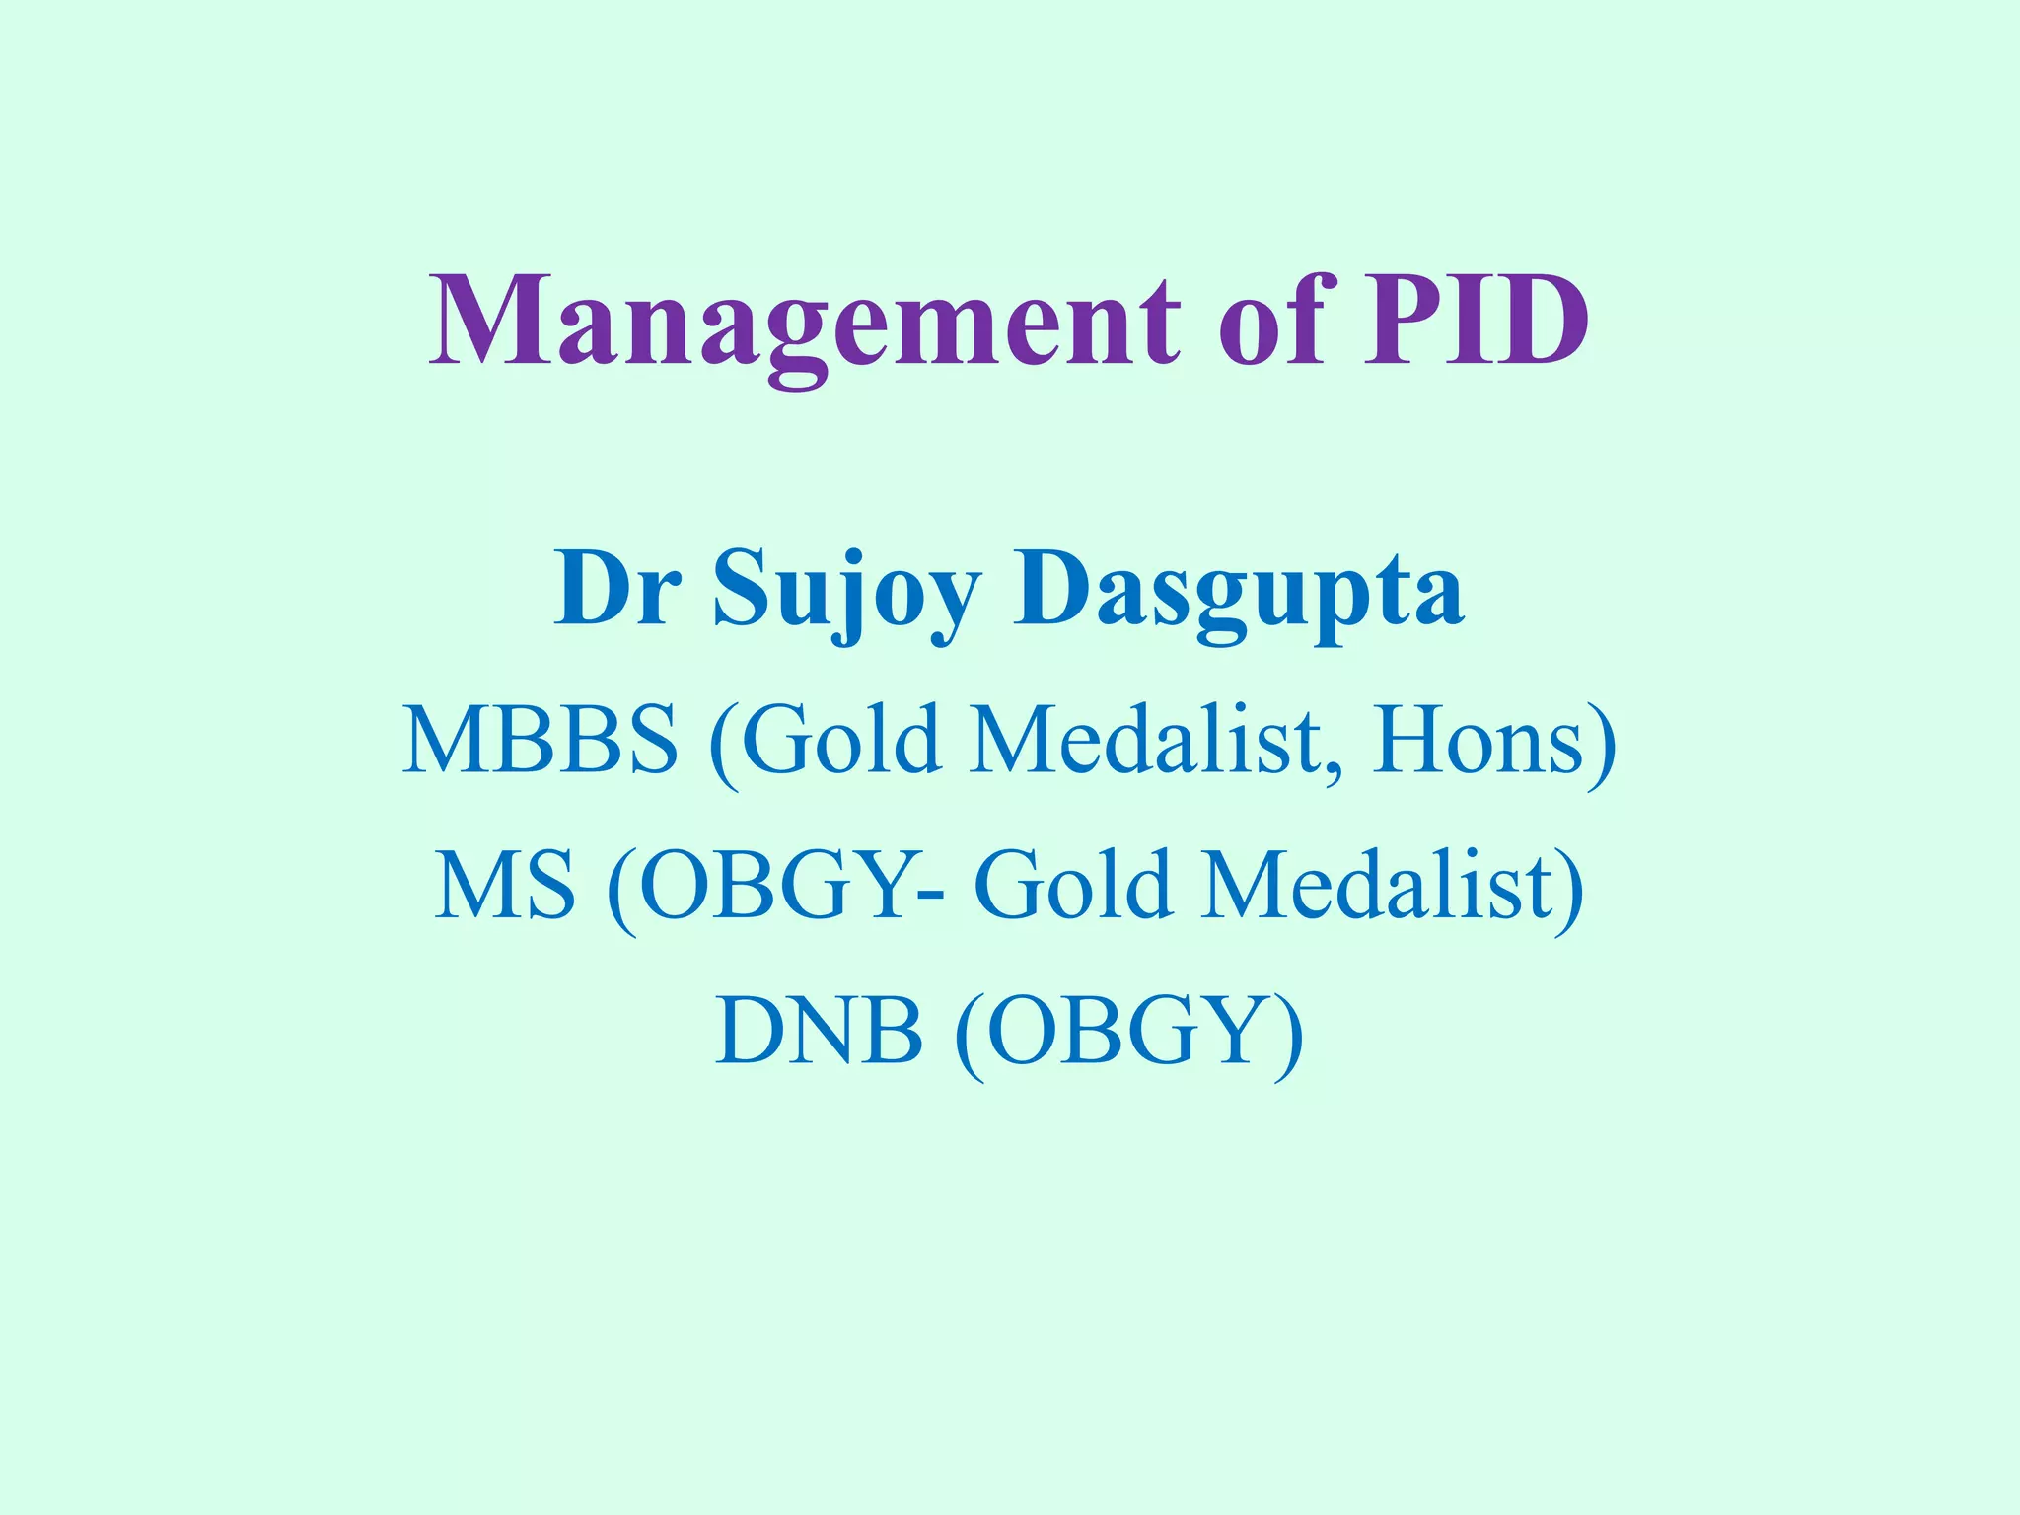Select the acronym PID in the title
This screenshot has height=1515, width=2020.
1476,321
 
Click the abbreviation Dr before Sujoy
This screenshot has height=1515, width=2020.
616,589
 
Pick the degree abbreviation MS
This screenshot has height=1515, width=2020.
504,885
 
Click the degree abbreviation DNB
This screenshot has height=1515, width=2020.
819,1031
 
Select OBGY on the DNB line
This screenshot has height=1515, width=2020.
1125,1031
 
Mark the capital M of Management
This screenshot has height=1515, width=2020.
483,321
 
